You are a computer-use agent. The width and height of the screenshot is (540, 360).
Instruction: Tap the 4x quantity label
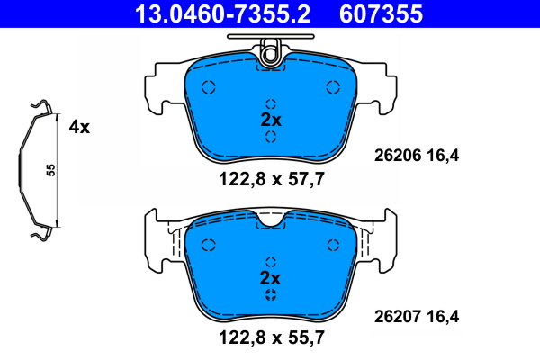click(80, 127)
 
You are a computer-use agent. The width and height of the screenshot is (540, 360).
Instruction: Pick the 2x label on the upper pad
click(271, 120)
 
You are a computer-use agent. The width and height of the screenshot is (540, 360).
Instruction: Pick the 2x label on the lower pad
click(271, 276)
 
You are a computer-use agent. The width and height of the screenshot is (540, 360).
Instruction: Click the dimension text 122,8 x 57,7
click(271, 179)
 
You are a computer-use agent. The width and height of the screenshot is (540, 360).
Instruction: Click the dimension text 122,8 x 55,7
click(271, 338)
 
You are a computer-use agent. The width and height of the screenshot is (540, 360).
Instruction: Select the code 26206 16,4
click(416, 155)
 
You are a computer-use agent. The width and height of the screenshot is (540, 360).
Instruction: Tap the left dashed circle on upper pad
click(209, 87)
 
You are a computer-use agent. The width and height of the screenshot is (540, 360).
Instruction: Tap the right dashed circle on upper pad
click(333, 87)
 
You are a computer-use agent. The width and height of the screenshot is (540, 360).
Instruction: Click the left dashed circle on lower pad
click(209, 245)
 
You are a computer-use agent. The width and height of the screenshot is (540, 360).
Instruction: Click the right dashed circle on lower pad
click(333, 245)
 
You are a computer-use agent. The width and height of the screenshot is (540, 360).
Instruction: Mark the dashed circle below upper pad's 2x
click(271, 137)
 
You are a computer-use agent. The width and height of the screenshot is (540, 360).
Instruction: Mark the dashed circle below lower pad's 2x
click(271, 294)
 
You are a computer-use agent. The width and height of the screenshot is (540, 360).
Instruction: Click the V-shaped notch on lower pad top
click(271, 219)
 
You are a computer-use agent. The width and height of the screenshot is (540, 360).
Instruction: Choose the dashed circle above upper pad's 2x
click(271, 103)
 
